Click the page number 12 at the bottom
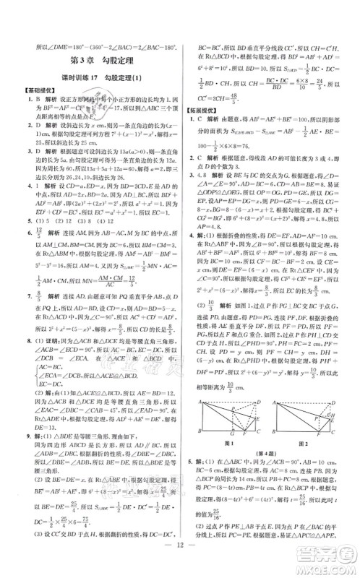tap(179, 560)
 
